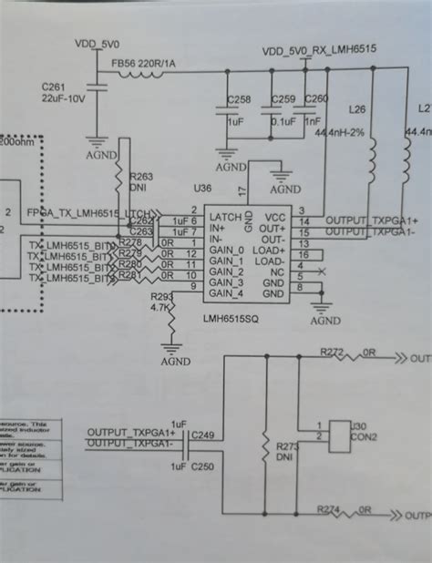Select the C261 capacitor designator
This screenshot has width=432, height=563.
54,86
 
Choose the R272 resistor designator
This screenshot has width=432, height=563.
333,351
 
